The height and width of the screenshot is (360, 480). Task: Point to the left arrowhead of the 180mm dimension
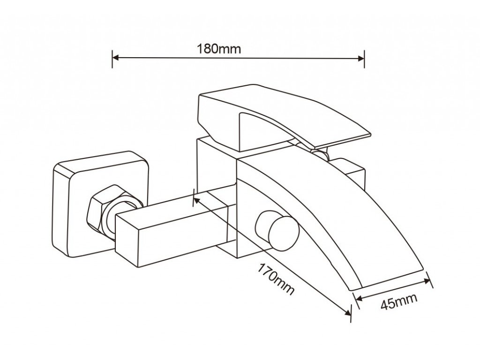[115, 59]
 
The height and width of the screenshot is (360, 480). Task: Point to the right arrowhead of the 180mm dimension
[361, 59]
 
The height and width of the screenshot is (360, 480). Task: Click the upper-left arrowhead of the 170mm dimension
[197, 199]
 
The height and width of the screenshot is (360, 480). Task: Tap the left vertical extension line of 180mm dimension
[112, 59]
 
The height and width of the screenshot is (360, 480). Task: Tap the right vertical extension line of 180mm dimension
[365, 59]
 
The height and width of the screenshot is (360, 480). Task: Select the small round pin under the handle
[320, 154]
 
